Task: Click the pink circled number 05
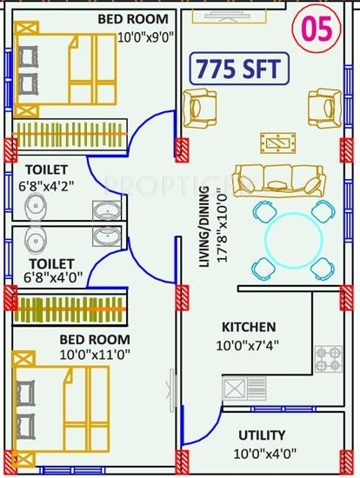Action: coord(318,30)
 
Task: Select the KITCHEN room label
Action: coord(249,327)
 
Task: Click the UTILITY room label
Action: coord(262,434)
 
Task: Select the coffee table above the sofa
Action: coord(281,142)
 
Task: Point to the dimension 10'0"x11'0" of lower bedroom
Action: coord(83,354)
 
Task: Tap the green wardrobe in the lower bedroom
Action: coord(70,309)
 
